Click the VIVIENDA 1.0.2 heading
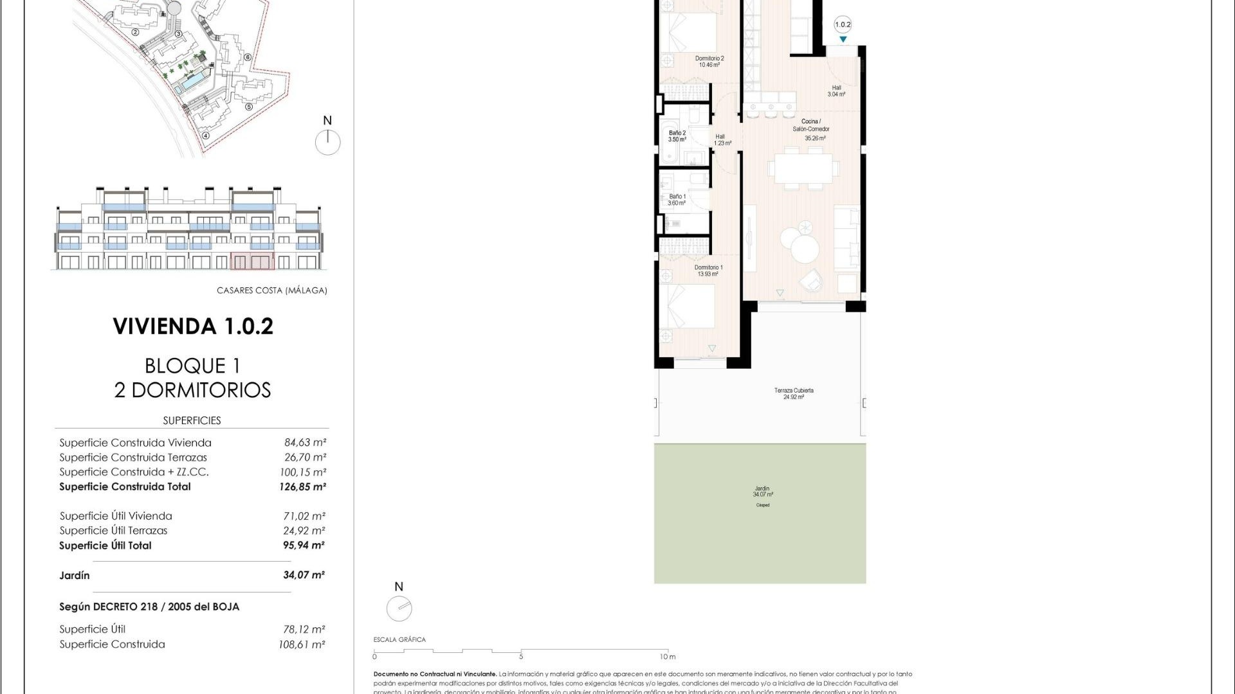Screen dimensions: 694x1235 pos(193,326)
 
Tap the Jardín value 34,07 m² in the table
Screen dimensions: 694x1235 pos(304,574)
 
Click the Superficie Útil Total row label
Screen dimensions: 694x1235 pos(105,546)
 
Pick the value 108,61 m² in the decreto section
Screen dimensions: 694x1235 pos(302,644)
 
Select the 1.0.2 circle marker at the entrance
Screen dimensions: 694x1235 pos(843,25)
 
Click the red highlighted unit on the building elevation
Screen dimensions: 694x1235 pos(252,261)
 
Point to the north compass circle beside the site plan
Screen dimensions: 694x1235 pos(327,142)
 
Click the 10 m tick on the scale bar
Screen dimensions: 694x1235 pos(668,652)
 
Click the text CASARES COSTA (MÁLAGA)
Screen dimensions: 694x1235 pos(271,290)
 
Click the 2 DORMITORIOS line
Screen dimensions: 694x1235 pos(192,390)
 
